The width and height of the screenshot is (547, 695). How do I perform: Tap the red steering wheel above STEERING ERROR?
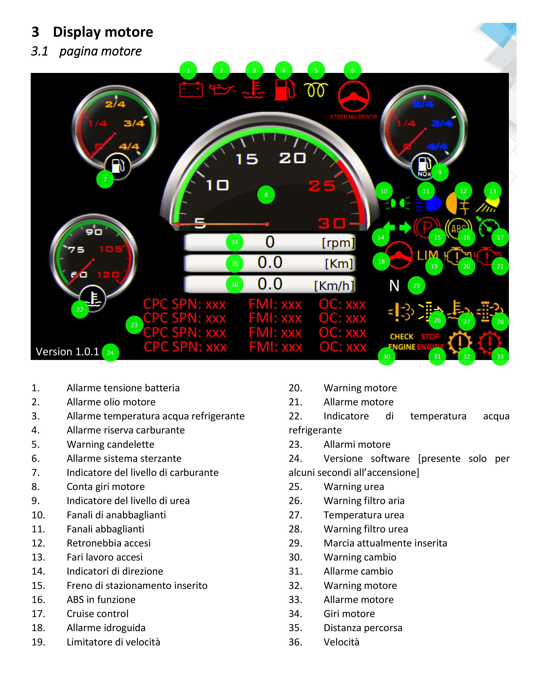tap(354, 96)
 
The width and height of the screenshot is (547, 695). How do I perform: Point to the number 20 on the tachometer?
tap(292, 158)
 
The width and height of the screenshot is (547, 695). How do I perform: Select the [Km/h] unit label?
tap(334, 285)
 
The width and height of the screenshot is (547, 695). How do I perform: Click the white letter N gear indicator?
tap(394, 285)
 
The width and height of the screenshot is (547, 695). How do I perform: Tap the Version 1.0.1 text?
tap(67, 352)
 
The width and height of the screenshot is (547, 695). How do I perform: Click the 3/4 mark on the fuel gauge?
tap(134, 124)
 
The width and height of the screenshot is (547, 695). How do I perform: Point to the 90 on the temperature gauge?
tap(94, 232)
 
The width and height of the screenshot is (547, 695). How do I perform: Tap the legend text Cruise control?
tap(97, 613)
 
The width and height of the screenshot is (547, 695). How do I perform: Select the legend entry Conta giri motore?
tap(106, 487)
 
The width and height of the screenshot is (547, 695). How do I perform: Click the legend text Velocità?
tap(341, 642)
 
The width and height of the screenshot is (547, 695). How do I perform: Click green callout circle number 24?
tap(110, 353)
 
